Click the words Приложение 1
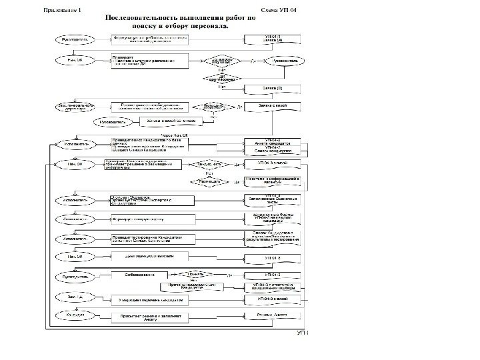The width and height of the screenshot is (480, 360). point(63,11)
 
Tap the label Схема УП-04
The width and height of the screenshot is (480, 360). point(281,11)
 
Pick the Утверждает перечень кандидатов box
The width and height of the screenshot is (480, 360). point(148,300)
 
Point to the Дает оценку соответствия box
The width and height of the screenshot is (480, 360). point(148,255)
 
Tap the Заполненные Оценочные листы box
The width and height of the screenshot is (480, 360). point(274,199)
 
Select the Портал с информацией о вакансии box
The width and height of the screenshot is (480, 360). point(274,181)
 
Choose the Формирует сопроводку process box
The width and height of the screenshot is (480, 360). point(148,218)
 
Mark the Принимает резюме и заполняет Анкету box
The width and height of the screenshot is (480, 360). point(148,317)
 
